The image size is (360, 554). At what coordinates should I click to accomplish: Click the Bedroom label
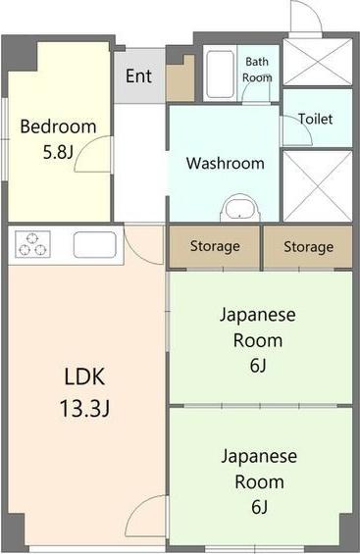(x=58, y=126)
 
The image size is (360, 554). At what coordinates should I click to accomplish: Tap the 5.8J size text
(x=58, y=152)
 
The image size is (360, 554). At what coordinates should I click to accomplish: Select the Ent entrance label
(x=139, y=76)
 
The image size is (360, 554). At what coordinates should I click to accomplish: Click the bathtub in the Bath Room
(x=221, y=75)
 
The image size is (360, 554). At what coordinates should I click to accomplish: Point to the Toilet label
(x=316, y=119)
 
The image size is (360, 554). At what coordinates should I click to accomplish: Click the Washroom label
(x=226, y=163)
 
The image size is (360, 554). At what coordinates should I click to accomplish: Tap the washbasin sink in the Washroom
(x=240, y=208)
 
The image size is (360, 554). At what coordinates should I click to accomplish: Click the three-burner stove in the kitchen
(x=32, y=244)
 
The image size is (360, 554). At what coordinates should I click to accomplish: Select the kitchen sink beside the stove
(x=95, y=244)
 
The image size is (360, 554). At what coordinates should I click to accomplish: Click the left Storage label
(x=215, y=247)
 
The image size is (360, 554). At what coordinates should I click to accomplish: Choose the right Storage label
(x=308, y=247)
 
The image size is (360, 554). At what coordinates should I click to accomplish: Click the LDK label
(x=84, y=377)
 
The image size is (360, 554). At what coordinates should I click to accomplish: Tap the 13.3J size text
(x=84, y=409)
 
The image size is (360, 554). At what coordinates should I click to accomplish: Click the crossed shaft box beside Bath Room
(x=318, y=62)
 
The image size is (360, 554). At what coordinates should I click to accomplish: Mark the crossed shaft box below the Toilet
(x=318, y=186)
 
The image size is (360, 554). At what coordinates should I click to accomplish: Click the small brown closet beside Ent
(x=180, y=80)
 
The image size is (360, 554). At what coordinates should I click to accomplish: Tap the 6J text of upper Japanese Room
(x=258, y=366)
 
